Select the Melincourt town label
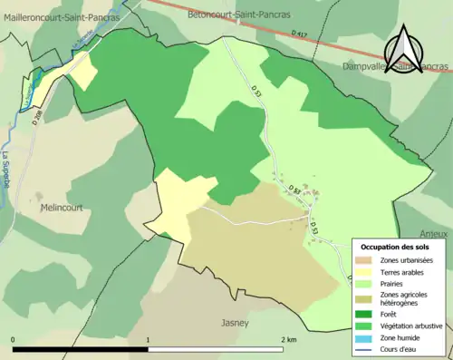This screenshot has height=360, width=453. [x=62, y=207]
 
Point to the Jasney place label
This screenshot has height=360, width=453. [x=235, y=322]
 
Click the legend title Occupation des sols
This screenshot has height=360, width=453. [x=394, y=247]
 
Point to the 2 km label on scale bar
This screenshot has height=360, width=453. [x=288, y=340]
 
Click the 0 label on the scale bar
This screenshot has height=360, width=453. [x=14, y=340]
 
